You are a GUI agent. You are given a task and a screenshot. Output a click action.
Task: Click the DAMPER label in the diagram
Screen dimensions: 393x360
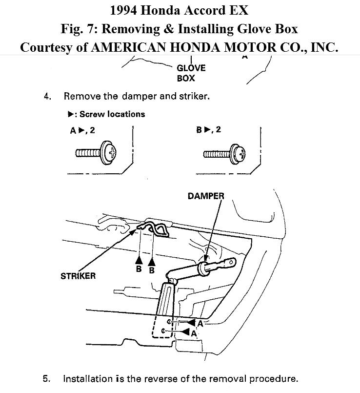coord(206,196)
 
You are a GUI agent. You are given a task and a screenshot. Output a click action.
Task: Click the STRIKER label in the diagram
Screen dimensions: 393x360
coord(78,276)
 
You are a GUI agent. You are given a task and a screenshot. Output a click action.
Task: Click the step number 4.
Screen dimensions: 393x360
coord(47,96)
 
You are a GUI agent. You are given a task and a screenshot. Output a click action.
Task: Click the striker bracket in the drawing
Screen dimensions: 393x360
coord(155,228)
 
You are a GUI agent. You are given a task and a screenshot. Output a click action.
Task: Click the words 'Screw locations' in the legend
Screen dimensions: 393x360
coord(112,114)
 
